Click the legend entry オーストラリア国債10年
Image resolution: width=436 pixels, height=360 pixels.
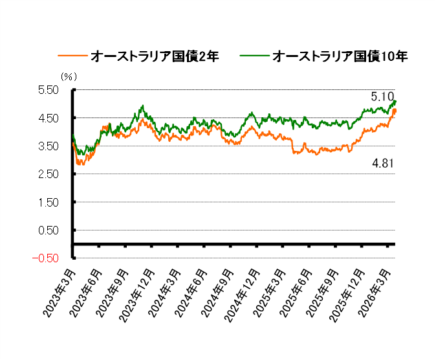click(x=340, y=57)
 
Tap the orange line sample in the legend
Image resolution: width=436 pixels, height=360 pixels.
click(x=73, y=57)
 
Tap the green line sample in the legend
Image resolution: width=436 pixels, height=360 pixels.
click(x=255, y=57)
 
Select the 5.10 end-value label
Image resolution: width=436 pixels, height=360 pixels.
click(x=382, y=96)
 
